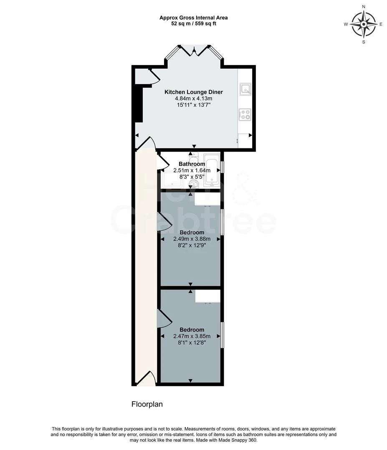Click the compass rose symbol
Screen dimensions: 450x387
364,24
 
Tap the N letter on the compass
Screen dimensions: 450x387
364,7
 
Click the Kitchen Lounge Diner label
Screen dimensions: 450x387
194,92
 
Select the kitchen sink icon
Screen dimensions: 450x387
245,89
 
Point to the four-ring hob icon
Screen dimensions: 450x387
245,114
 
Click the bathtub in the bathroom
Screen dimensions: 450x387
211,171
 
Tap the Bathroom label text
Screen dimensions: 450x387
192,164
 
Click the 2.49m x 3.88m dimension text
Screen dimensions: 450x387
192,239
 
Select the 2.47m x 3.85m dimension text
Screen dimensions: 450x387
192,336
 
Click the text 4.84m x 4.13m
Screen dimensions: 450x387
194,98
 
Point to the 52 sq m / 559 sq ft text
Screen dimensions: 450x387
194,24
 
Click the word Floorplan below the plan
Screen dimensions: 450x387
147,404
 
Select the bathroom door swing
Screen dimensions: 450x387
162,161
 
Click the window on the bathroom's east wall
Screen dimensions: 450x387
222,167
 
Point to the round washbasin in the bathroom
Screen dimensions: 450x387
194,184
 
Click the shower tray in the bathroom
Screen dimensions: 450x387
172,180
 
